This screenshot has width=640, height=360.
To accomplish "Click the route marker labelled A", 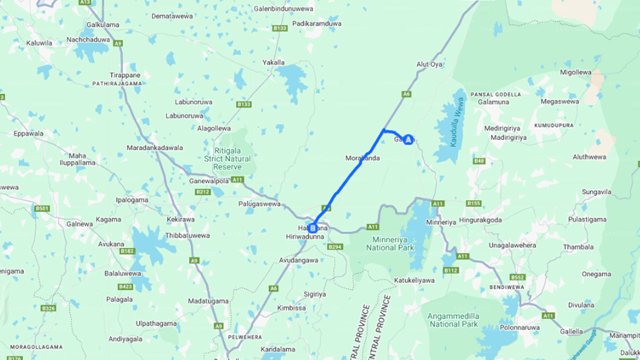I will pos(408,140).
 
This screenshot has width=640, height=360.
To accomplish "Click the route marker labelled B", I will pos(312,228).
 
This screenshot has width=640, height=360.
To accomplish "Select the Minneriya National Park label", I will pos(390,243).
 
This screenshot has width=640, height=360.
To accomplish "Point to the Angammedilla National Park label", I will pos(453,320).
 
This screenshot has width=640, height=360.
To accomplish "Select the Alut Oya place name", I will pos(429,64).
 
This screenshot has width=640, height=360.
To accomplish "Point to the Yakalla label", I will pos(273,62).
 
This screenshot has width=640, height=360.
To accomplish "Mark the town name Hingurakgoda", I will pos(480,219).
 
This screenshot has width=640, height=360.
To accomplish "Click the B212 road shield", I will pos(203,191).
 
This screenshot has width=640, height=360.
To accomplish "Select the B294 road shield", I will pos(334,247).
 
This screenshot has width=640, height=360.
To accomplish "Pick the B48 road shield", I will pos(479,161).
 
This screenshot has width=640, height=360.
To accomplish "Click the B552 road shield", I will pos(517,277).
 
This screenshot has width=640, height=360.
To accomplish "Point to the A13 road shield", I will pos(85,2).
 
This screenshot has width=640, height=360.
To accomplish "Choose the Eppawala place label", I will pos(28,134).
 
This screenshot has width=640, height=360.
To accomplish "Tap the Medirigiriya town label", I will pos(502,128).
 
